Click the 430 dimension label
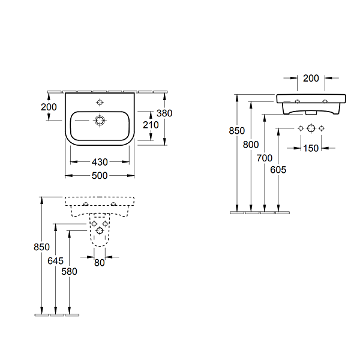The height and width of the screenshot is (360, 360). click(100, 162)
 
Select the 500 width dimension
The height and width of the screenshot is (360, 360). click(100, 175)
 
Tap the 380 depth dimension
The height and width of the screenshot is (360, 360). click(164, 113)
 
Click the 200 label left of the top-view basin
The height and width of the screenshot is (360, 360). click(49, 107)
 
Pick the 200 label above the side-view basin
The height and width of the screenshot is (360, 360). click(311, 78)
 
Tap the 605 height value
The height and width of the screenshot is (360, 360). click(278, 170)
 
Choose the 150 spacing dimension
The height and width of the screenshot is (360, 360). click(311, 148)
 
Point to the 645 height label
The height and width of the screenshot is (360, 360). click(55, 261)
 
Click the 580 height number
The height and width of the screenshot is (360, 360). click(70, 271)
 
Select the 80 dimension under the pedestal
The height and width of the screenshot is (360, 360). click(100, 262)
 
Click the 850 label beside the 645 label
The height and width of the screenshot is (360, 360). click(41, 246)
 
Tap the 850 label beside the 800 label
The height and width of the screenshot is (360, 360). click(237, 130)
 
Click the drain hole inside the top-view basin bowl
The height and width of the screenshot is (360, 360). click(100, 121)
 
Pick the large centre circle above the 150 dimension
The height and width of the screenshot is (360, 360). click(311, 128)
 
